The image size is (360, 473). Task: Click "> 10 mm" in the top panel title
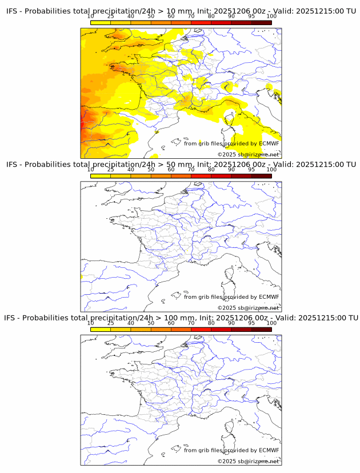(x=175, y=11)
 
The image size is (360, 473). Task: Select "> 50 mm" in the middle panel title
(x=175, y=165)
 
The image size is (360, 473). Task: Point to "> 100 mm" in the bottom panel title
(x=177, y=318)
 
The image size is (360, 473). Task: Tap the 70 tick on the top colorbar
(x=191, y=17)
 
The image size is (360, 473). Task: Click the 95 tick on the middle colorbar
(x=251, y=170)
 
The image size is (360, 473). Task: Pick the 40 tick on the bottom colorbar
(x=131, y=323)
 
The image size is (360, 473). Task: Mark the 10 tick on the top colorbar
(x=91, y=17)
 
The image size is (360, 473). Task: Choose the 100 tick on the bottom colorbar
(x=271, y=323)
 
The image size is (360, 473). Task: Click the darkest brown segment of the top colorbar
(x=261, y=23)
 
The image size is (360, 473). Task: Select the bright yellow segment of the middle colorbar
(x=101, y=176)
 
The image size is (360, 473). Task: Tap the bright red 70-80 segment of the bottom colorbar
(x=201, y=329)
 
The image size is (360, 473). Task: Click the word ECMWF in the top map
(x=269, y=143)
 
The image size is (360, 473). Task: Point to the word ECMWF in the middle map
(x=269, y=296)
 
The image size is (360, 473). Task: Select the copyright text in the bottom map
(x=248, y=461)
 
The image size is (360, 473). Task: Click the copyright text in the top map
(x=248, y=155)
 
